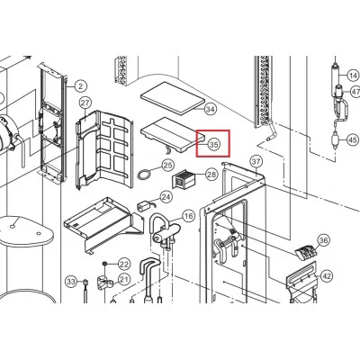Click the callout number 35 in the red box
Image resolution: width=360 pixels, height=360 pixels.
coord(214,145)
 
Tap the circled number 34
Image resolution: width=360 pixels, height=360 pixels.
coord(211,109)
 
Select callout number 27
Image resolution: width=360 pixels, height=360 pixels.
coord(85,103)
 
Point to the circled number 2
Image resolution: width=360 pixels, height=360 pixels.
coord(80,86)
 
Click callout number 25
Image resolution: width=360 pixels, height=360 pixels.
coord(168,165)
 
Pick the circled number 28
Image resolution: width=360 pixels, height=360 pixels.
coord(211,175)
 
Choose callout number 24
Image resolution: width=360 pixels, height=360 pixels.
coord(166,197)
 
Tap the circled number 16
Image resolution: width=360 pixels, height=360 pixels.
coord(188,216)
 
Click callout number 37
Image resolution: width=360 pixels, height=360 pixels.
coord(256,162)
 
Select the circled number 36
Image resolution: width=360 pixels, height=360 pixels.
coord(323,240)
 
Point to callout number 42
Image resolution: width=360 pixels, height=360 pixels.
coord(327,275)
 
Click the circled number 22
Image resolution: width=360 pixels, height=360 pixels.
coord(124,265)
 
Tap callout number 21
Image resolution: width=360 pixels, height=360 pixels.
coord(124,280)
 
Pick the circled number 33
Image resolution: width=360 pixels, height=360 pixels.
coord(71,282)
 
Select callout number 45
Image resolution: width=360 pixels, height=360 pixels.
coord(353,139)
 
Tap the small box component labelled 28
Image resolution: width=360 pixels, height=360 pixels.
coord(183,179)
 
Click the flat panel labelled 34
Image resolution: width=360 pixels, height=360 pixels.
coord(173,98)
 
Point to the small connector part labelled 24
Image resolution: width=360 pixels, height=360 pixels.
coord(142,207)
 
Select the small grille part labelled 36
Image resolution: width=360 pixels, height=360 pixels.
coord(306,252)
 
